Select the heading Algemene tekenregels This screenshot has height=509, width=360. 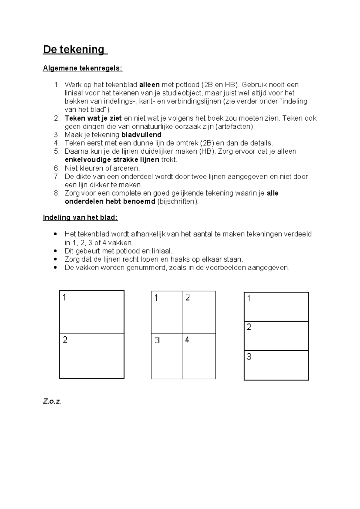point(82,68)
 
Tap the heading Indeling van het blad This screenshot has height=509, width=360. point(80,218)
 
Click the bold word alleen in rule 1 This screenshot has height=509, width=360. point(149,85)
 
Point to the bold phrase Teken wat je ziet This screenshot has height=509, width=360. point(93,118)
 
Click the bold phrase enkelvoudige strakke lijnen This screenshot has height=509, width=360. point(112,160)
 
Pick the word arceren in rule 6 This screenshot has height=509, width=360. point(127,168)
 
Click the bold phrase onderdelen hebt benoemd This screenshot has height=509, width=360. point(110,201)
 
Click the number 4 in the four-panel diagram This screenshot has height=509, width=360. point(187,340)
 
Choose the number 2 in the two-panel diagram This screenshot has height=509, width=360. point(65,340)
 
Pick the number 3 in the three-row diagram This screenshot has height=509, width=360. point(249,357)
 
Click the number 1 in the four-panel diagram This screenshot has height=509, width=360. point(156,298)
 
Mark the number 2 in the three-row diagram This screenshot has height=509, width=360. point(249,327)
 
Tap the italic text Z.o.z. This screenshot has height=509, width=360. point(52,401)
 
